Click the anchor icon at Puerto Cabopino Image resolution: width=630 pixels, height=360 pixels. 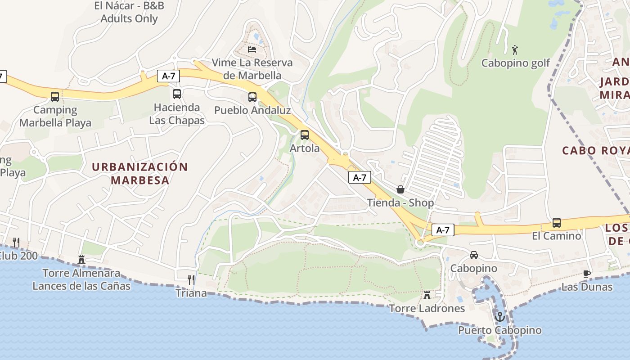(x=499, y=316)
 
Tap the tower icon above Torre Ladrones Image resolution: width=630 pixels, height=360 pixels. (x=427, y=295)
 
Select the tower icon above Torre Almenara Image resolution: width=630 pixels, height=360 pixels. (x=81, y=259)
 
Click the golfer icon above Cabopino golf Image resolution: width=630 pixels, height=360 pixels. (x=515, y=49)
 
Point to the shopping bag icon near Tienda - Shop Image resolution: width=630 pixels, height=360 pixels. (x=400, y=189)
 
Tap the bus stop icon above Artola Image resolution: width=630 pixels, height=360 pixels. (x=305, y=135)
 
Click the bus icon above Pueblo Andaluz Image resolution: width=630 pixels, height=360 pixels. (x=252, y=97)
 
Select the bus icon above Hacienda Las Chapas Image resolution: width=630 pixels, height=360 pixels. (x=177, y=94)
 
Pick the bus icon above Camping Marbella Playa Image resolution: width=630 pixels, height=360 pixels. (x=55, y=96)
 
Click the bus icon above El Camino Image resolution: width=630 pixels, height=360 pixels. (x=557, y=222)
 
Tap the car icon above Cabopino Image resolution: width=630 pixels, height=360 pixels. (x=474, y=255)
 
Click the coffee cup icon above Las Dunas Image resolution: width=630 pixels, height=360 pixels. (x=587, y=273)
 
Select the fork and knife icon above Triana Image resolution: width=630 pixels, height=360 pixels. (x=191, y=280)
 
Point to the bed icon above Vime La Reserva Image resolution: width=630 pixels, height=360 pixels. (x=252, y=49)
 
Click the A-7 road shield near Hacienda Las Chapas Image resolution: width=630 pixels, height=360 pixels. (x=168, y=76)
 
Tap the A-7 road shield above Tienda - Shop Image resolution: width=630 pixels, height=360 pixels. (x=360, y=177)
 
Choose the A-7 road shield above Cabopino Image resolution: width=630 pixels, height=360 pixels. (x=443, y=230)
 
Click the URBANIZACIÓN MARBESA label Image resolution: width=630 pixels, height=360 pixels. (x=140, y=173)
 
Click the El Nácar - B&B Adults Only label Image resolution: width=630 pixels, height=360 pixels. (x=129, y=12)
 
